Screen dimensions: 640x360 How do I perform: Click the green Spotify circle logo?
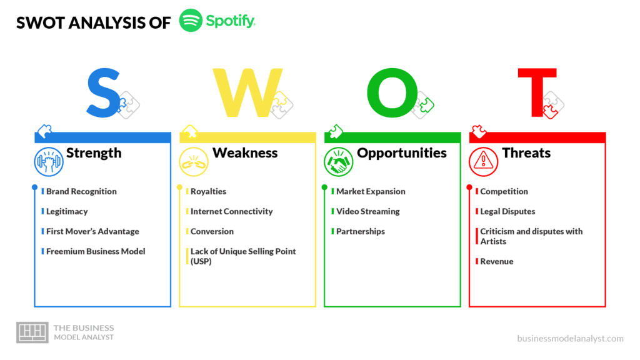(191, 21)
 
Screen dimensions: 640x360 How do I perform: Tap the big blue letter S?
(103, 93)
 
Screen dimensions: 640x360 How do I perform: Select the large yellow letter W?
(247, 92)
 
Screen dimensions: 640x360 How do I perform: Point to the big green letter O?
(392, 92)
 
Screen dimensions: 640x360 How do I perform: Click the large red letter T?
(537, 92)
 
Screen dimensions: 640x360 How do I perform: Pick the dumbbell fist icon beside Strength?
(49, 162)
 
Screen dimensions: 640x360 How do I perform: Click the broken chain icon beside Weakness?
(194, 162)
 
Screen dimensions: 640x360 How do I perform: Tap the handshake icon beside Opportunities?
(338, 162)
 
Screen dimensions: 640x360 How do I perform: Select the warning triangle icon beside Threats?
(483, 162)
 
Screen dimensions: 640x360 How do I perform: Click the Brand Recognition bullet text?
(81, 191)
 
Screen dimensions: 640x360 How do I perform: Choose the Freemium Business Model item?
(96, 251)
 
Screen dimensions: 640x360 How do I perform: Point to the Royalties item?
(208, 191)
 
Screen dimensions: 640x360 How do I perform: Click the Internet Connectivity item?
(231, 211)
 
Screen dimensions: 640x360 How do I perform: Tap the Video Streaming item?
(367, 211)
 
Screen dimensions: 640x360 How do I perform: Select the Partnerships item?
(361, 231)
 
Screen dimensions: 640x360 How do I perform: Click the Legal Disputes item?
(507, 211)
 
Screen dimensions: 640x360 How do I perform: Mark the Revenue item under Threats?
(497, 262)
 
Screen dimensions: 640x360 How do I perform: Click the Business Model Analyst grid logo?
(32, 332)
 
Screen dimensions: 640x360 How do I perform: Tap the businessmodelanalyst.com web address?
(570, 338)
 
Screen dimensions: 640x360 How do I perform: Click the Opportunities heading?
(402, 154)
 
